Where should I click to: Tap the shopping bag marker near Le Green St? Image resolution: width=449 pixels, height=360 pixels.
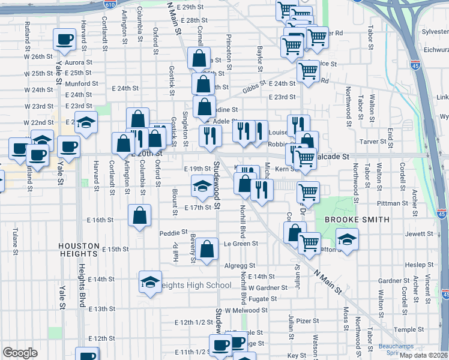[x=207, y=249]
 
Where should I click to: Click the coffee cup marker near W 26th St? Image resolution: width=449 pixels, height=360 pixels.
[x=64, y=40]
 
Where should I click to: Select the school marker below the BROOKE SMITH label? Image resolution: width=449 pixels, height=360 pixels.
[x=347, y=239]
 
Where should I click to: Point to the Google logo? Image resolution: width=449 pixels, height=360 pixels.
[x=19, y=353]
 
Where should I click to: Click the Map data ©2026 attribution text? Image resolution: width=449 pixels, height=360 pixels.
[x=423, y=355]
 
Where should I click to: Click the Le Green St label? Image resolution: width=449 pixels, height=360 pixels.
[x=241, y=244]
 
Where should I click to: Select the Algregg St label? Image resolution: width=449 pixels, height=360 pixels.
[x=240, y=265]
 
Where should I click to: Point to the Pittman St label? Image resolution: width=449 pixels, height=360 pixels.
[x=393, y=203]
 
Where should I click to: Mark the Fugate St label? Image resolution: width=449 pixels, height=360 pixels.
[x=263, y=299]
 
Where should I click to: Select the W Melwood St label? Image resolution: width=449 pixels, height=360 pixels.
[x=246, y=310]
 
